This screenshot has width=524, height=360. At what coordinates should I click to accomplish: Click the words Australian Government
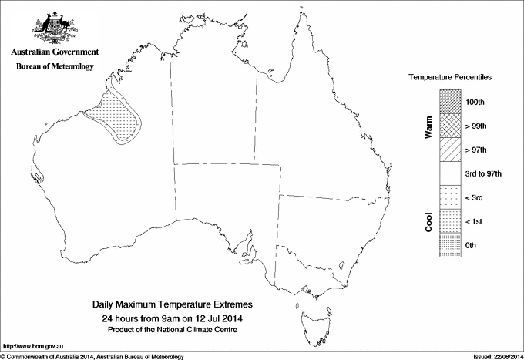[54, 52]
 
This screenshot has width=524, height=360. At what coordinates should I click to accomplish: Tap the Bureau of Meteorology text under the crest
[54, 66]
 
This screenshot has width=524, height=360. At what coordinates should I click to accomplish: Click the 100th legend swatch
[451, 102]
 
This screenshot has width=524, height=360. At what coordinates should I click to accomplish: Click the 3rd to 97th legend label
[484, 173]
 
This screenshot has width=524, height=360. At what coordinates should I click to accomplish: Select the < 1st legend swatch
[451, 221]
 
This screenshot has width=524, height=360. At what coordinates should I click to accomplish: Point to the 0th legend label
[473, 245]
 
